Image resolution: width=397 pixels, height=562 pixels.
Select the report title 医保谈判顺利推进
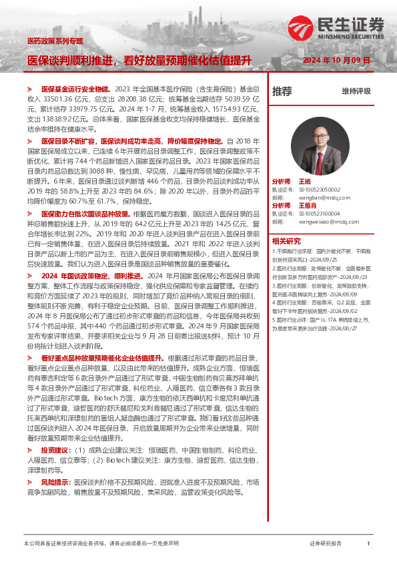point(70,61)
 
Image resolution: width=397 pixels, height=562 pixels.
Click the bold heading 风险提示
point(55,481)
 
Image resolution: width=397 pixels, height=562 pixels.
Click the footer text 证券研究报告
point(326,544)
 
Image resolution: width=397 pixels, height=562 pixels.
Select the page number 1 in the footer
point(368,544)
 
